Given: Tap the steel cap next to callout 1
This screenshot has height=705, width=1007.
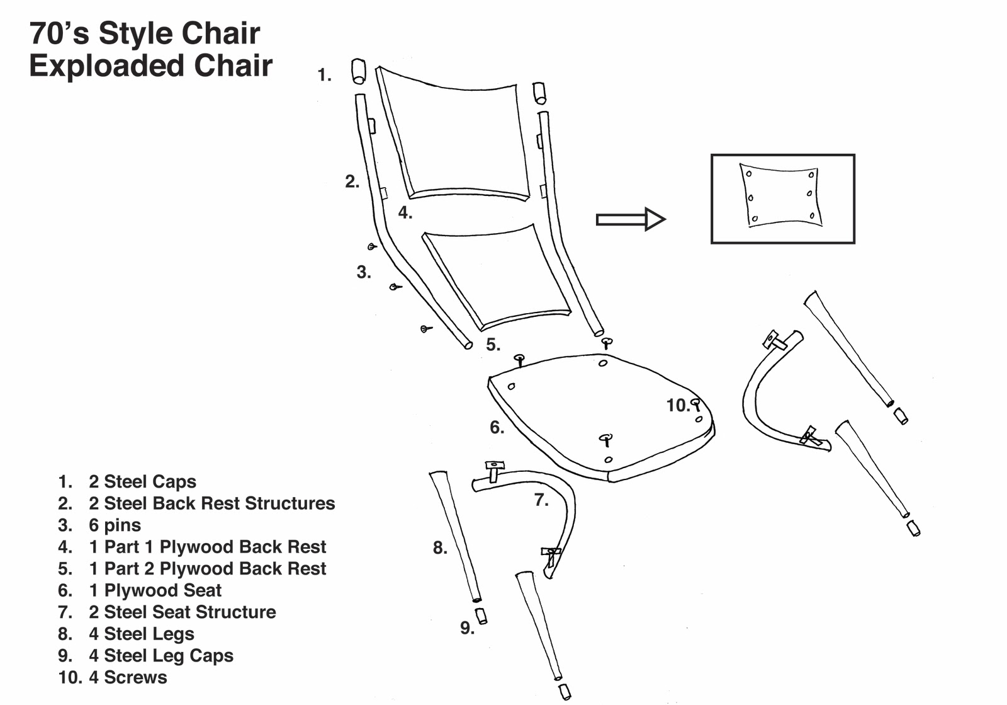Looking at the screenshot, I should (358, 71).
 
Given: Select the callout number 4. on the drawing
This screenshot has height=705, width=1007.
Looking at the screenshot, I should (405, 213).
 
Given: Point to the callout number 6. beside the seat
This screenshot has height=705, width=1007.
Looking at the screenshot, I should (497, 428).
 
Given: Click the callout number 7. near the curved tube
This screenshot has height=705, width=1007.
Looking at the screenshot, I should (541, 500).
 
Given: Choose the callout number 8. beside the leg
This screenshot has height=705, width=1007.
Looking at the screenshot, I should (440, 548).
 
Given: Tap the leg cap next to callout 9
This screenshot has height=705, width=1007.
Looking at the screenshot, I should (481, 616).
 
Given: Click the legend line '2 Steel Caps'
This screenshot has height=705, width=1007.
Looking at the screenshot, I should (142, 482).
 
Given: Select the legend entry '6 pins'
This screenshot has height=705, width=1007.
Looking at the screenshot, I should (115, 525).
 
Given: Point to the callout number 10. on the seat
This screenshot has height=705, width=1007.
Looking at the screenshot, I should (678, 406).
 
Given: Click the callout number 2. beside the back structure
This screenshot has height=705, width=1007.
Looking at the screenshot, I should (352, 182).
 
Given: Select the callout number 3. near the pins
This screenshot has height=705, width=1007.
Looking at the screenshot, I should (364, 272).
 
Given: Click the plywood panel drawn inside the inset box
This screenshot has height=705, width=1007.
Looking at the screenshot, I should (781, 195).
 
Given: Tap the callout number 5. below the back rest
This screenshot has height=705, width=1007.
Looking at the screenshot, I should (493, 345).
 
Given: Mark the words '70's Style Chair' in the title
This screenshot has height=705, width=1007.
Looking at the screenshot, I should (145, 33).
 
